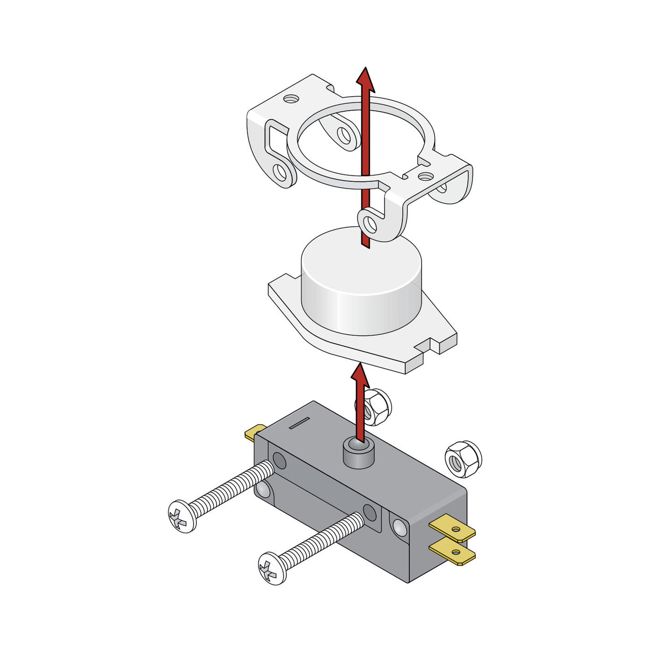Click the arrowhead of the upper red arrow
tap(365, 80)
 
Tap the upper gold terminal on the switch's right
tap(453, 529)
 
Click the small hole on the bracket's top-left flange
tap(290, 98)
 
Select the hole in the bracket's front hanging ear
tap(370, 225)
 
